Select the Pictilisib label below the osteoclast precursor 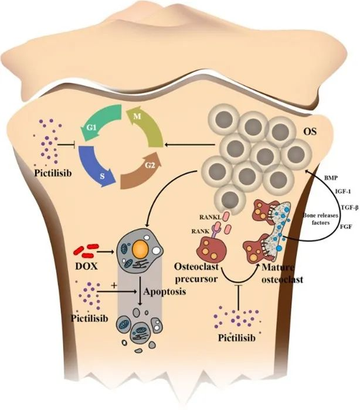point(237,338)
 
